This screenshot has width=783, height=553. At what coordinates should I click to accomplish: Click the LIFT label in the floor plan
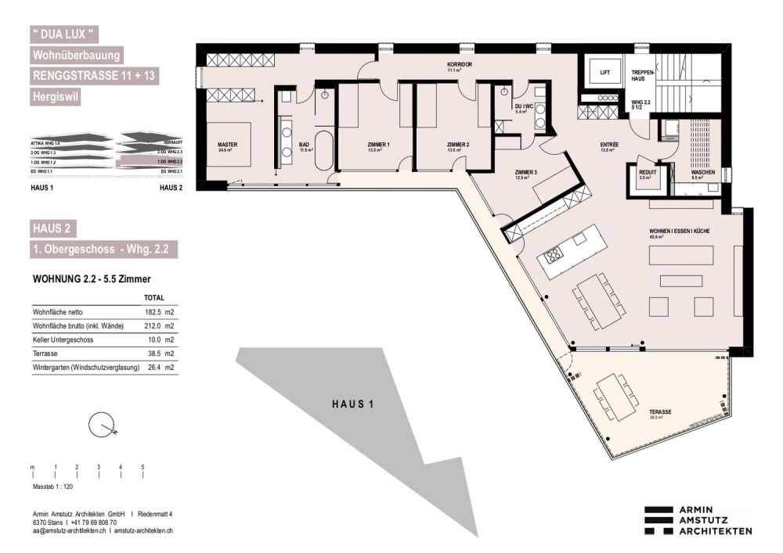(604, 72)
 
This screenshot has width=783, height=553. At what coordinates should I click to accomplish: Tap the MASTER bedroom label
(227, 145)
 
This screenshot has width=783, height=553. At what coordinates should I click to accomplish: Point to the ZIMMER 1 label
(379, 145)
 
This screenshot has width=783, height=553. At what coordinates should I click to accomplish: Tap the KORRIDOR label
(460, 65)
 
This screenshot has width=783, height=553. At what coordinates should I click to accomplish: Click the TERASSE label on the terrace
(661, 411)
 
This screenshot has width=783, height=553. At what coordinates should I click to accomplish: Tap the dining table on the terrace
(615, 396)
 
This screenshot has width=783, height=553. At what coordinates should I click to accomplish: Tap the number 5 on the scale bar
(143, 467)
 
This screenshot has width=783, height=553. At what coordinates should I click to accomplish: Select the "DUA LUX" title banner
(65, 35)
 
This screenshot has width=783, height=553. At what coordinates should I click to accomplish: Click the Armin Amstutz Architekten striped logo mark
(659, 520)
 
